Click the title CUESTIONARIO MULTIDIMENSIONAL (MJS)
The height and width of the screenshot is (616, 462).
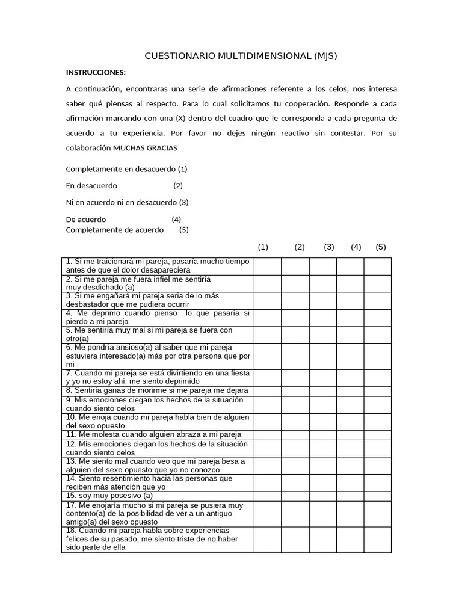pos(241,57)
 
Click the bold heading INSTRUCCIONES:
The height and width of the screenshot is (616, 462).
pos(96,73)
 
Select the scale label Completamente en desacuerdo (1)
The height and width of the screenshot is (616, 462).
pos(126,169)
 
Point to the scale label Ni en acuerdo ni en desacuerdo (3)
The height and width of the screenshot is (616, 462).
pos(127,202)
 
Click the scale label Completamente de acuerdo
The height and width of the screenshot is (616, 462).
pos(114,230)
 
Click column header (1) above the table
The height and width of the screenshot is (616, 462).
pos(263,247)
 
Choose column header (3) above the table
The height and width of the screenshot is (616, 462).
pos(329,247)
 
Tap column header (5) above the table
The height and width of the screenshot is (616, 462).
pos(380,247)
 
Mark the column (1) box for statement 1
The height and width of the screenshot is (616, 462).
pos(267,266)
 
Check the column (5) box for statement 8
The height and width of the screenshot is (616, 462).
pos(377,390)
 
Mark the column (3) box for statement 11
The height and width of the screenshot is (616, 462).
pos(323,434)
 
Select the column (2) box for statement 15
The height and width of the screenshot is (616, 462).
pos(295,496)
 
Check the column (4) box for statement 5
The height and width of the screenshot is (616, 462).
pos(350,334)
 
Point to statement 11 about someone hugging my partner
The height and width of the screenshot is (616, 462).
pos(153,434)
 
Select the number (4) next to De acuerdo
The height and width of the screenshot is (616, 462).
pos(176,220)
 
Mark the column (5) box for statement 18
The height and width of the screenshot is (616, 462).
pos(377,539)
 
